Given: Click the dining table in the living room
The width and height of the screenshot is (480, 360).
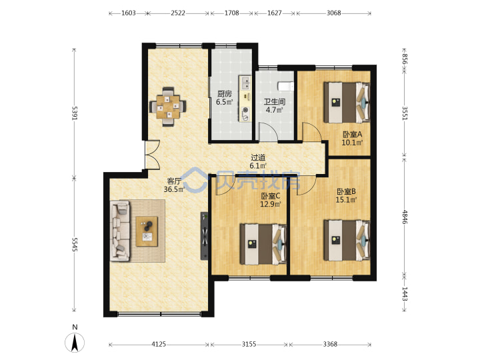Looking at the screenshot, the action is [x=168, y=107].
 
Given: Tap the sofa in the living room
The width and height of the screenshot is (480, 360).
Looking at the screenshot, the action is [x=120, y=231].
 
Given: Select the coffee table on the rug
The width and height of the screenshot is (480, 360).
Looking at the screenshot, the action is [x=147, y=231].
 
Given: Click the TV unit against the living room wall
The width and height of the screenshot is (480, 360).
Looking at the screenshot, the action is [x=204, y=236].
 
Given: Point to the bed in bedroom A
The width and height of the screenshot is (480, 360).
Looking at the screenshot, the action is [x=347, y=102].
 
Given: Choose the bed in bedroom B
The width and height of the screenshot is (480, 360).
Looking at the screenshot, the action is [x=347, y=240].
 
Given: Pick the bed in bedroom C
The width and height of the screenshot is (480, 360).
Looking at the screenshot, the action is [x=263, y=244].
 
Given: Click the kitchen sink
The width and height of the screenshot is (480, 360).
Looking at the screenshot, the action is [x=245, y=83].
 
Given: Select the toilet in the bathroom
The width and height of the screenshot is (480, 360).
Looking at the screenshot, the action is [x=285, y=86].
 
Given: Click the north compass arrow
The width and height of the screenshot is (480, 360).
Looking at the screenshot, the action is [x=75, y=343].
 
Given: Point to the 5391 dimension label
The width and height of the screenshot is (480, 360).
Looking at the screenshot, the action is [x=75, y=113].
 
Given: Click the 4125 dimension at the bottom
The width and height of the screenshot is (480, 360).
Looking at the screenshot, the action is [x=159, y=345].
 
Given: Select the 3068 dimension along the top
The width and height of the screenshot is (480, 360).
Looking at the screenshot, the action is [x=334, y=13].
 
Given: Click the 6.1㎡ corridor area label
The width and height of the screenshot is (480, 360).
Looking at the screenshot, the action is [x=258, y=166].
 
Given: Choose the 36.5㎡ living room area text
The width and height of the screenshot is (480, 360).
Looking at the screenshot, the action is [x=174, y=189].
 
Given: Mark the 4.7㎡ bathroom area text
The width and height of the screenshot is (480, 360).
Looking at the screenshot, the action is [x=274, y=109].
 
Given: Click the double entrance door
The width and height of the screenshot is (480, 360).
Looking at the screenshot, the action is [x=153, y=155].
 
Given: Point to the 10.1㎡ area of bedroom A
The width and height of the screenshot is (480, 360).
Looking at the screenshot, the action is [x=352, y=143].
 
